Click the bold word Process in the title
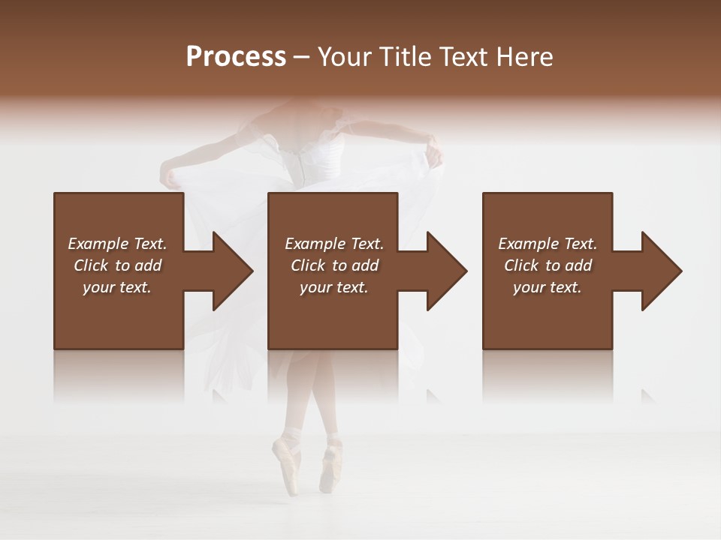click(x=236, y=57)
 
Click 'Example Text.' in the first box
click(x=117, y=244)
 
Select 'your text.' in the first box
click(x=117, y=287)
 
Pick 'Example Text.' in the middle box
click(x=334, y=244)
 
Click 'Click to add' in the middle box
click(x=334, y=265)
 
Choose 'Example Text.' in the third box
click(x=548, y=244)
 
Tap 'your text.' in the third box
click(x=548, y=287)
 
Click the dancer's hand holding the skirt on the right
click(x=434, y=154)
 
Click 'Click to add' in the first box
click(x=117, y=265)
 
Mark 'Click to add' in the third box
click(x=548, y=265)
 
